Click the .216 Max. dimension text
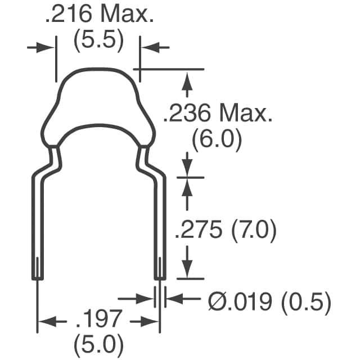point(100,13)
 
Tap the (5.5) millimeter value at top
point(99,40)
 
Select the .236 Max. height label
point(218,112)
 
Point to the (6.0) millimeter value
point(217,140)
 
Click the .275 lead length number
point(199,229)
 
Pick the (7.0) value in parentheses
point(254,230)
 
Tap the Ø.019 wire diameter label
point(240,301)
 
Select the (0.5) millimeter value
point(306,303)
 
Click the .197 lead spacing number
point(98,319)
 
